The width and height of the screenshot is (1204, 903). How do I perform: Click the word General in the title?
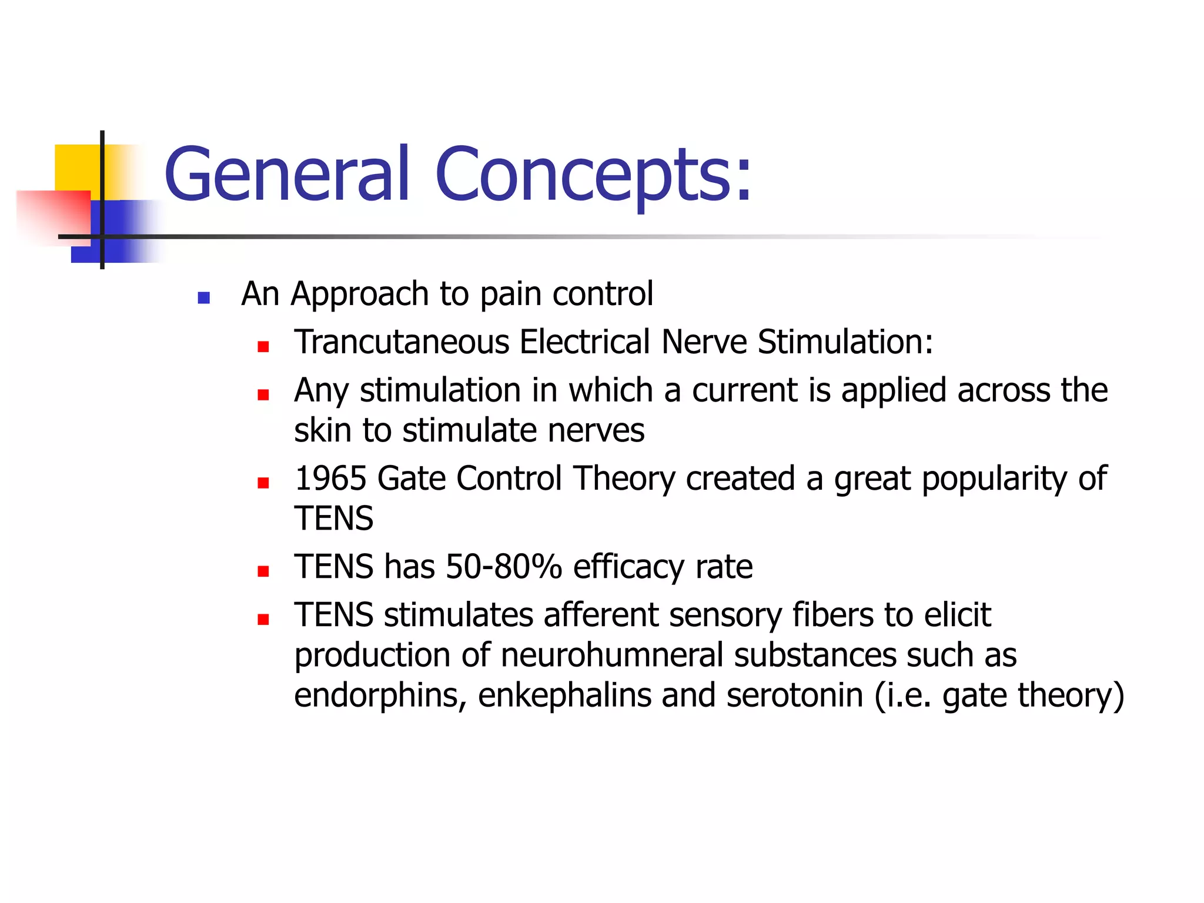[286, 175]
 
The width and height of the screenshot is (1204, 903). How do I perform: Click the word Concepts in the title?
[593, 175]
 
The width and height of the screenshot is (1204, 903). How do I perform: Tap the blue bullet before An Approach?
[204, 297]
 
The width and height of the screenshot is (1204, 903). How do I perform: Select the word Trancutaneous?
[402, 342]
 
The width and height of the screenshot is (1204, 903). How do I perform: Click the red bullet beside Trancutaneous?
[263, 346]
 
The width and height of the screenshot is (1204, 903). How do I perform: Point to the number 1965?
[330, 478]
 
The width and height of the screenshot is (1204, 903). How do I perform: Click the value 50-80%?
[504, 567]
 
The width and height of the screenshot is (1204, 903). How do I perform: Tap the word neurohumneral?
[611, 655]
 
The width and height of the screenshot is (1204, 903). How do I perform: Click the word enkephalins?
[564, 695]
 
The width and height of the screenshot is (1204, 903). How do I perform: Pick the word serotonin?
[795, 695]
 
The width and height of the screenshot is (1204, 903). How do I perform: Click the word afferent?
[601, 615]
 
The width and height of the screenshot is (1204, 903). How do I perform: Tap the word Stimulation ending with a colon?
[845, 342]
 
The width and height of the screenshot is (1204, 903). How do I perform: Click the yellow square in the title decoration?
[76, 168]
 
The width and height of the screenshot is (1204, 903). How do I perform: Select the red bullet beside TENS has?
[263, 571]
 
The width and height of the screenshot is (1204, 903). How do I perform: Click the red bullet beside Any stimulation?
[263, 394]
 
